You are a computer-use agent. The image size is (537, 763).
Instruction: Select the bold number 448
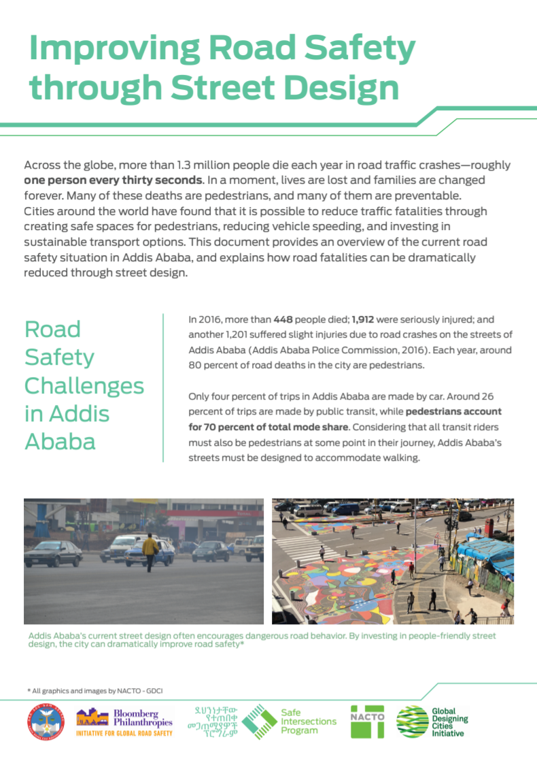(284, 319)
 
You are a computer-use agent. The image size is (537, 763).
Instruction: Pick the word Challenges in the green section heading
(84, 386)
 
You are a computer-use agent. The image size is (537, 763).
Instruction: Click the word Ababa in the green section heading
(60, 442)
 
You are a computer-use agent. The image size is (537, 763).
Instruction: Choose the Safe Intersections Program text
(308, 721)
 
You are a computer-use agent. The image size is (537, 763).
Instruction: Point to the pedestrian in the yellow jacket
(150, 551)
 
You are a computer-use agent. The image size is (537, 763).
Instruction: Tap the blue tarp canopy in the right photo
(487, 552)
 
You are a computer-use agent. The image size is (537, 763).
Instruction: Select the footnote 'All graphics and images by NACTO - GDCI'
(95, 690)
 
